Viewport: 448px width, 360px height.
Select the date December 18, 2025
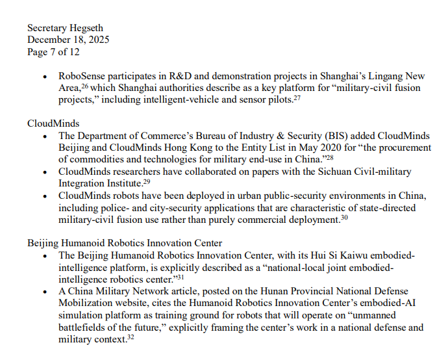click(x=68, y=40)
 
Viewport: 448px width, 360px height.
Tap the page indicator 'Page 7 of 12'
click(x=53, y=51)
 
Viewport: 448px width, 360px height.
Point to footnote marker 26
click(x=85, y=86)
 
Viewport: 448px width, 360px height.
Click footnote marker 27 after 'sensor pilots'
click(x=297, y=97)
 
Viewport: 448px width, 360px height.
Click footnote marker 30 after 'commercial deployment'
click(x=344, y=218)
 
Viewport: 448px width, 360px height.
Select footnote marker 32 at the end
click(x=131, y=337)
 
